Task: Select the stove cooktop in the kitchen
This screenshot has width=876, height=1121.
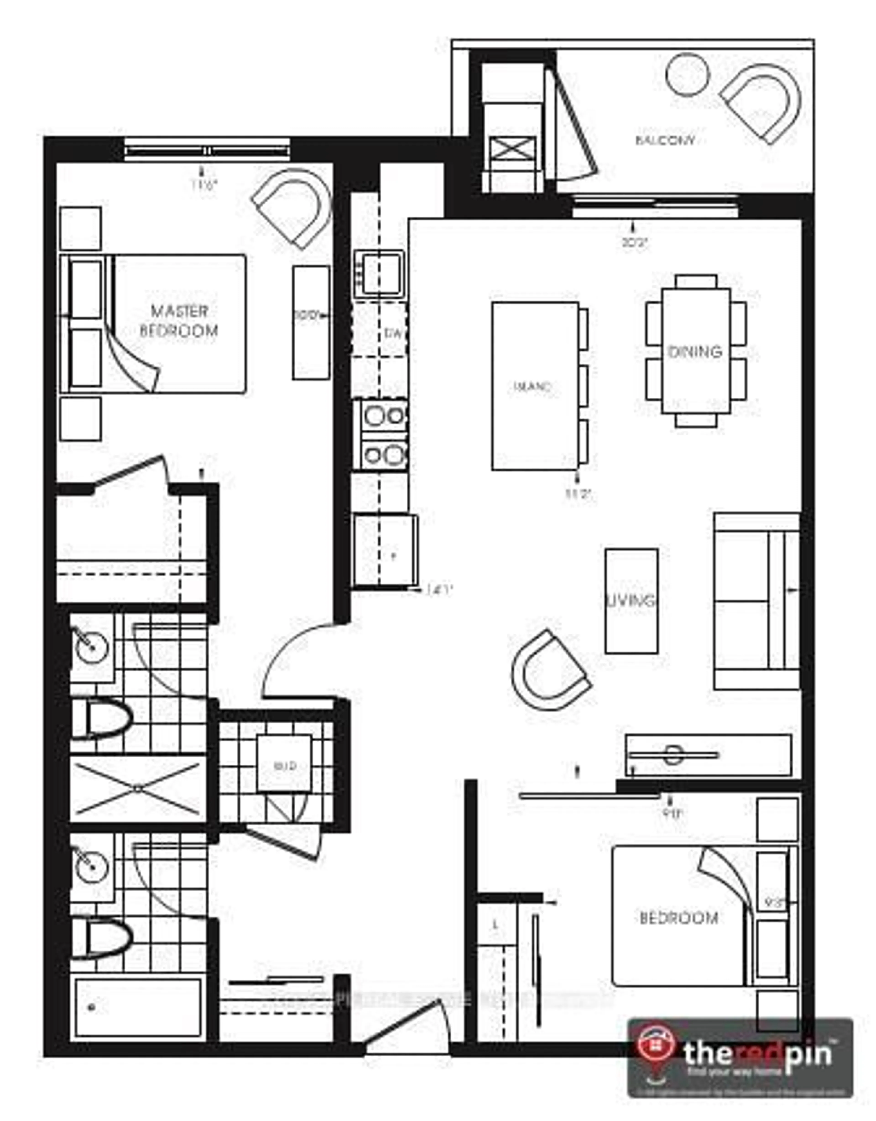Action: [x=384, y=435]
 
